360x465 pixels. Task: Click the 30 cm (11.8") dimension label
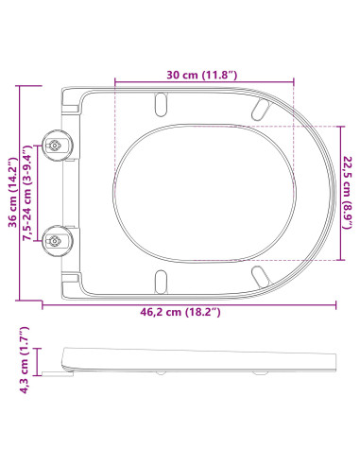click(x=201, y=76)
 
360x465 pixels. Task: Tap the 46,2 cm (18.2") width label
click(x=180, y=312)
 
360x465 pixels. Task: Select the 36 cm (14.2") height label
click(x=12, y=193)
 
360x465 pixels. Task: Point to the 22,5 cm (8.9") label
click(x=348, y=193)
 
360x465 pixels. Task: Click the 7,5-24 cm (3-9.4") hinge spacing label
click(x=27, y=194)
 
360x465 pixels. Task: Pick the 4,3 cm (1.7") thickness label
click(x=25, y=360)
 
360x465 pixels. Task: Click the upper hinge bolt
click(x=56, y=146)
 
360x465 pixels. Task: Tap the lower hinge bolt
click(x=56, y=241)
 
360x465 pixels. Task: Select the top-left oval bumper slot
click(x=161, y=104)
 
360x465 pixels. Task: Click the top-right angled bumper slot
click(x=261, y=109)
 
